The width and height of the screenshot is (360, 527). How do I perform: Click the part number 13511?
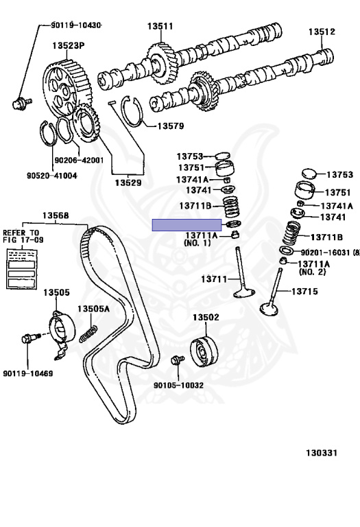(159, 27)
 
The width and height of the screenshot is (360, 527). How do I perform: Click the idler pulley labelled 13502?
(204, 350)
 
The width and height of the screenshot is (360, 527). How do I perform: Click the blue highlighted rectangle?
(187, 225)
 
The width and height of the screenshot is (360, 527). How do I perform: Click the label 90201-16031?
(324, 253)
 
